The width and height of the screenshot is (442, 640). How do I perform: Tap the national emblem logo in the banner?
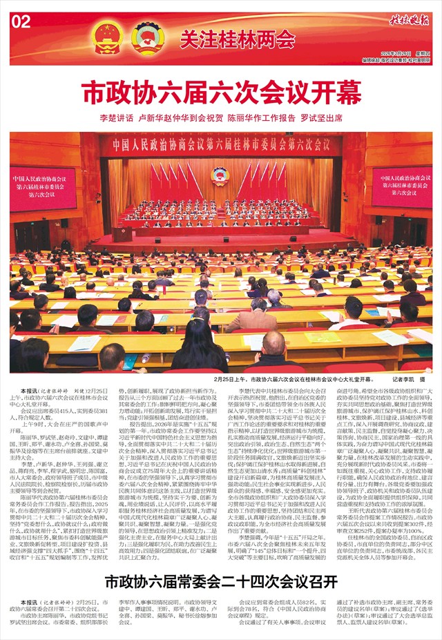[107, 35]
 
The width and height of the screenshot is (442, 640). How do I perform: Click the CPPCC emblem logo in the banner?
[146, 35]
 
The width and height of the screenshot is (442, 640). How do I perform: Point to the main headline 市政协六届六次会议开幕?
[220, 92]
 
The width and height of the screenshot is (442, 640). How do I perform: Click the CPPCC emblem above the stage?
[220, 175]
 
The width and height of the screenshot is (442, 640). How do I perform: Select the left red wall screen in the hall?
[43, 188]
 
